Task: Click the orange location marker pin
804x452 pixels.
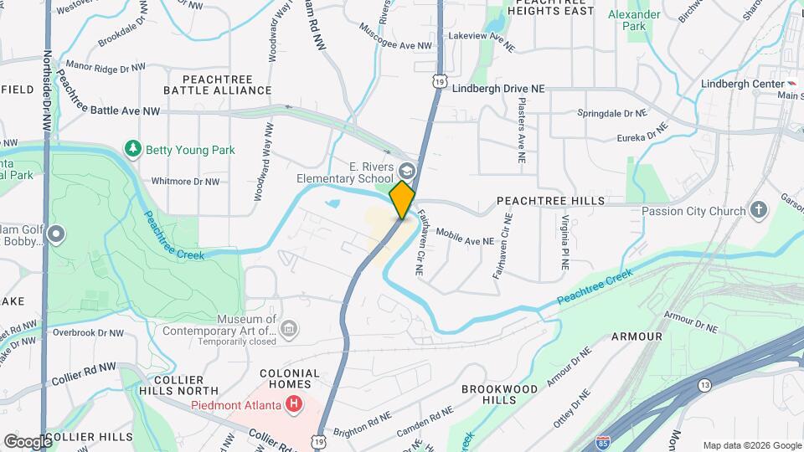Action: pos(403,199)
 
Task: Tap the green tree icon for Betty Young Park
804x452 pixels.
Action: pos(132,150)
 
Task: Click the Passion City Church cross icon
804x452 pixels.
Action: pos(759,210)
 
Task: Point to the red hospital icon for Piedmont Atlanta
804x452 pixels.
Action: pos(293,406)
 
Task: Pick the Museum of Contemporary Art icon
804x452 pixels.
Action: pos(288,328)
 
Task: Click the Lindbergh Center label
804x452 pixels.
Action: pos(740,84)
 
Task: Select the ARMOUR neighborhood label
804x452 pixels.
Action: pos(636,336)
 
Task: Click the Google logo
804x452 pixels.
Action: pos(28,441)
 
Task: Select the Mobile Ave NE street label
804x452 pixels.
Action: pos(465,240)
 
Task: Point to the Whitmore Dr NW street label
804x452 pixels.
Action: pos(185,181)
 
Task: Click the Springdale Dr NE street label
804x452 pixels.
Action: pos(611,112)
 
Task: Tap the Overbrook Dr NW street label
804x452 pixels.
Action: pos(88,332)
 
